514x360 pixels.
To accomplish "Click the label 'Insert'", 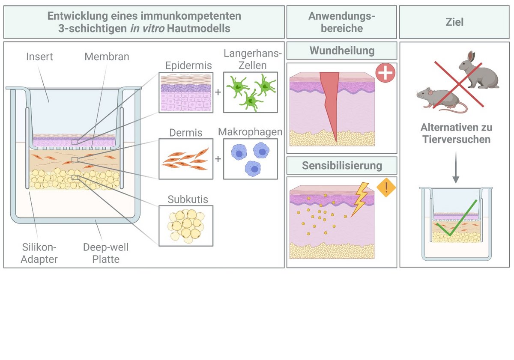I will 39,57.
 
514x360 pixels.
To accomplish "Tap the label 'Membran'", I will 107,57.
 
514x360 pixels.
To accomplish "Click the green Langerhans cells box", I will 250,92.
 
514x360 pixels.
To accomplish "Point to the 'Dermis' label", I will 186,132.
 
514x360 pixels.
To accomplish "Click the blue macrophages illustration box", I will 250,159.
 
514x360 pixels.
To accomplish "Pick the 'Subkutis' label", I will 185,199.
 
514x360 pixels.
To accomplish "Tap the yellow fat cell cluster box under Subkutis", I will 186,226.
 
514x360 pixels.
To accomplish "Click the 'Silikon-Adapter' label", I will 39,253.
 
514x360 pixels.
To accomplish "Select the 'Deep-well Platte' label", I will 106,253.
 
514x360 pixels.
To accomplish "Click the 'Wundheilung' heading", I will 341,51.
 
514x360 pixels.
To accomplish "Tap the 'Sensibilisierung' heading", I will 341,165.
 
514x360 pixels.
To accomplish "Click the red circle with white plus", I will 385,73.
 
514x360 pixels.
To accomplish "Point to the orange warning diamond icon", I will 386,188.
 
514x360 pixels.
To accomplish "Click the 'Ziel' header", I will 454,22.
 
